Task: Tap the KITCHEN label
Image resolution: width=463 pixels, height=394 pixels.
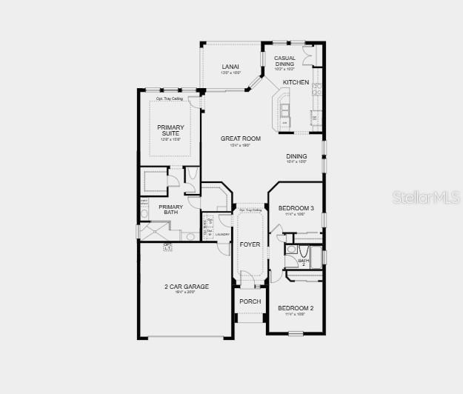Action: click(296, 82)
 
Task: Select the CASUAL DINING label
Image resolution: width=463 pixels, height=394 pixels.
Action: click(284, 61)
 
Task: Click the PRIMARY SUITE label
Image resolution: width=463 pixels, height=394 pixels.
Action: click(170, 130)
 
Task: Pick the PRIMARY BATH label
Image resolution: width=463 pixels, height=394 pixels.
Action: click(170, 210)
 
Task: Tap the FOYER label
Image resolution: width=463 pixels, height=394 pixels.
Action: click(250, 244)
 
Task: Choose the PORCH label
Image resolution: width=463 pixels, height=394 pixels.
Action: click(250, 301)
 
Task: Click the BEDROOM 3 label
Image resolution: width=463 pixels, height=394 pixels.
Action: click(296, 209)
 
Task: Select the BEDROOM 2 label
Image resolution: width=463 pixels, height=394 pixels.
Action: click(296, 308)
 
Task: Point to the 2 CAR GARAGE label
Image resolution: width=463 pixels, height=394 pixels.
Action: click(187, 287)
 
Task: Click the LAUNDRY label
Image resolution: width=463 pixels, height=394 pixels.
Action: click(223, 234)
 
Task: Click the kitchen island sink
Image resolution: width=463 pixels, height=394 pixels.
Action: click(284, 110)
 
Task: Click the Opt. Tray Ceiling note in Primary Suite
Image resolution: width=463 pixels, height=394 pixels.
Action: click(169, 98)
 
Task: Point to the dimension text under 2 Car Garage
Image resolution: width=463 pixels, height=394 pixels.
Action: click(187, 293)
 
